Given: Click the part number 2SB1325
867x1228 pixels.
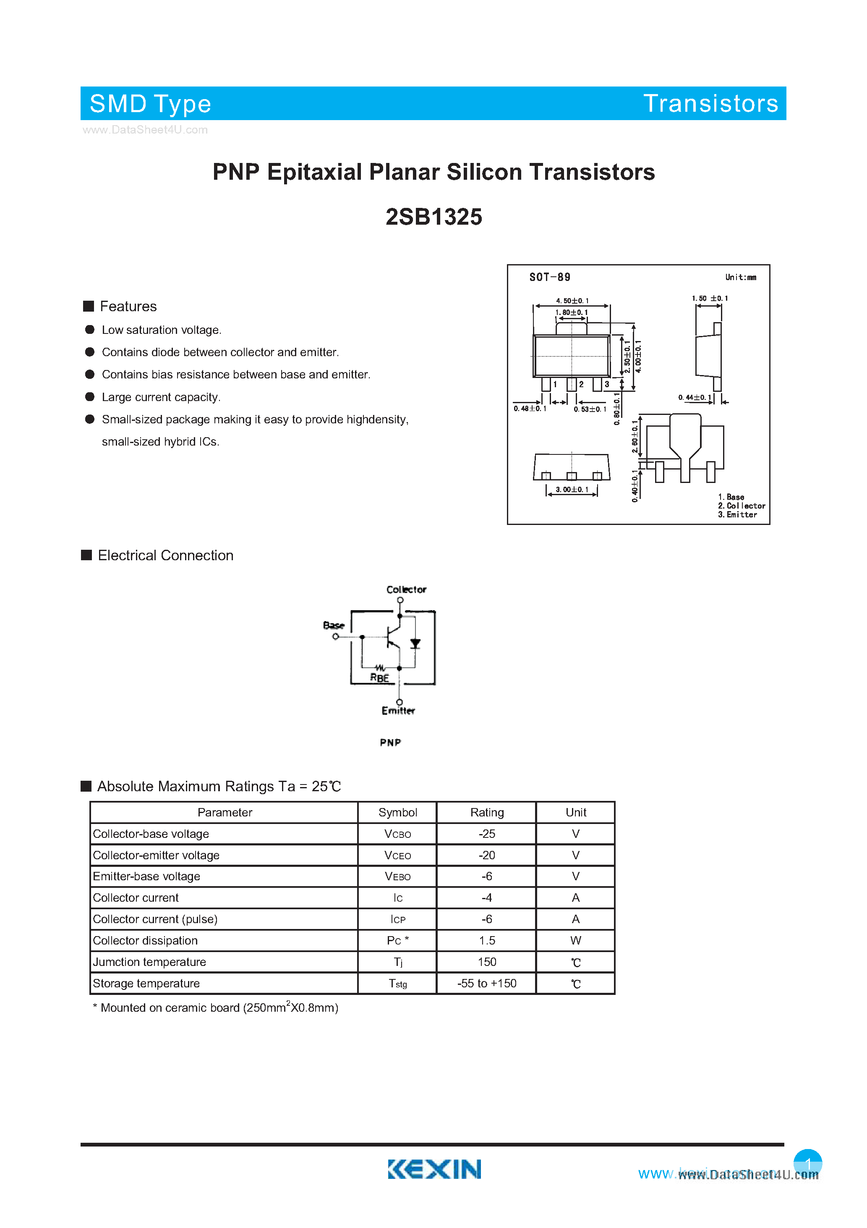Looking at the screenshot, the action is pyautogui.click(x=433, y=217).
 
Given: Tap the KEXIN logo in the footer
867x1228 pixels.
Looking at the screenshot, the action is pyautogui.click(x=434, y=1169).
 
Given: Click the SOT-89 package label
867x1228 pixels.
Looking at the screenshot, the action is pyautogui.click(x=549, y=277).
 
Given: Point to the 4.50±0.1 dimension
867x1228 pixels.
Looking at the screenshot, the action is pyautogui.click(x=572, y=301).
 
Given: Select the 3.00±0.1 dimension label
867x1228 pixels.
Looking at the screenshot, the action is pyautogui.click(x=572, y=489).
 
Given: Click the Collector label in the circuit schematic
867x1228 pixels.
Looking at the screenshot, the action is pyautogui.click(x=406, y=589).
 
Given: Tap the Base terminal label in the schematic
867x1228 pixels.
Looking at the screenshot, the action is pyautogui.click(x=334, y=625).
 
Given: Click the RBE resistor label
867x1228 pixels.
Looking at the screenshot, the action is pyautogui.click(x=379, y=678).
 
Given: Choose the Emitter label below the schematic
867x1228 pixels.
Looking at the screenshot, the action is pyautogui.click(x=398, y=711).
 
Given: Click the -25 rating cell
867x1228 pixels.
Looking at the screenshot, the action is pyautogui.click(x=486, y=834).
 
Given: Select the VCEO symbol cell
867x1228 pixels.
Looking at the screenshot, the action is pyautogui.click(x=398, y=855).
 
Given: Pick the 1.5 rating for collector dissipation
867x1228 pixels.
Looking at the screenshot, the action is pyautogui.click(x=486, y=940).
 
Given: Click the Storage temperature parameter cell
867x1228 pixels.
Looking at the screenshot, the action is pyautogui.click(x=146, y=983).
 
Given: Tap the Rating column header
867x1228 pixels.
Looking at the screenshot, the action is pyautogui.click(x=486, y=812).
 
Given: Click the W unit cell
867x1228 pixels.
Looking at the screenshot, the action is pyautogui.click(x=576, y=940).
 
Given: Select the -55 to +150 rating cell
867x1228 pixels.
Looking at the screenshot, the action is pyautogui.click(x=486, y=983).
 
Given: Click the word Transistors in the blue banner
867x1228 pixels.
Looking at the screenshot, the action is pyautogui.click(x=710, y=103).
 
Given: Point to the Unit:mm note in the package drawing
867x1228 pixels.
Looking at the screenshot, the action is pyautogui.click(x=740, y=277).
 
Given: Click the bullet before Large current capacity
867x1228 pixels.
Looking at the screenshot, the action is pyautogui.click(x=90, y=397).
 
